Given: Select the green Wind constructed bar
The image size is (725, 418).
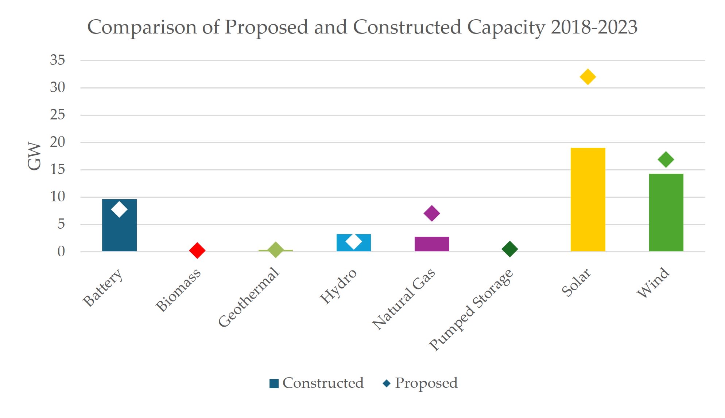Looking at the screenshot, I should pos(666,213).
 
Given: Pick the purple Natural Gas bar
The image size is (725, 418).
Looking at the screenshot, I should pos(432,244).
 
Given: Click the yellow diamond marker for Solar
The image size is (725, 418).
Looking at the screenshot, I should pos(588,77).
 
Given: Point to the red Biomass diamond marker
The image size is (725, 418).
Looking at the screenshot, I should pos(197,251).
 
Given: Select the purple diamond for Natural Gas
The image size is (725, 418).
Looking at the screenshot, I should pos(432,213).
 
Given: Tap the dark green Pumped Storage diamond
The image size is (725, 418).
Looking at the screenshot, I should pos(510,249).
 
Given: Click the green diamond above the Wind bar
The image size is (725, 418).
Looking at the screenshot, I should pos(666,159).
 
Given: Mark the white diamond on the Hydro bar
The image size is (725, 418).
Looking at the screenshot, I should pos(354,241).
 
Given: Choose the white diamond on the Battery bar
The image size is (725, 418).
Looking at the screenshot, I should pos(119,209).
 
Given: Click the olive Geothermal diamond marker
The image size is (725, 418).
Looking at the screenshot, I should pos(276,250).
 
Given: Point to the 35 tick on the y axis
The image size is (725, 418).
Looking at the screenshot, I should pos(58,60).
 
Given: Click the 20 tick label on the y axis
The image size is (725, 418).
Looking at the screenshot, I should pos(58,142).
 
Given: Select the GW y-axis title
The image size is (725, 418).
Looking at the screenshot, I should pos(34,156).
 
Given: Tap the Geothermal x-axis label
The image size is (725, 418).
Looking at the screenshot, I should pos(249,297).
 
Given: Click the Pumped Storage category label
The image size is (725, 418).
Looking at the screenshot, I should pos(471,309).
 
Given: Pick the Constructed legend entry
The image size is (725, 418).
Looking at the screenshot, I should pos(317,383).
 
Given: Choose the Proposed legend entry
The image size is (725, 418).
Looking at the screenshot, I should pos(420,383).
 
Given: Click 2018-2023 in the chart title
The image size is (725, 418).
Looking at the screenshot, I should pos(594,27).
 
